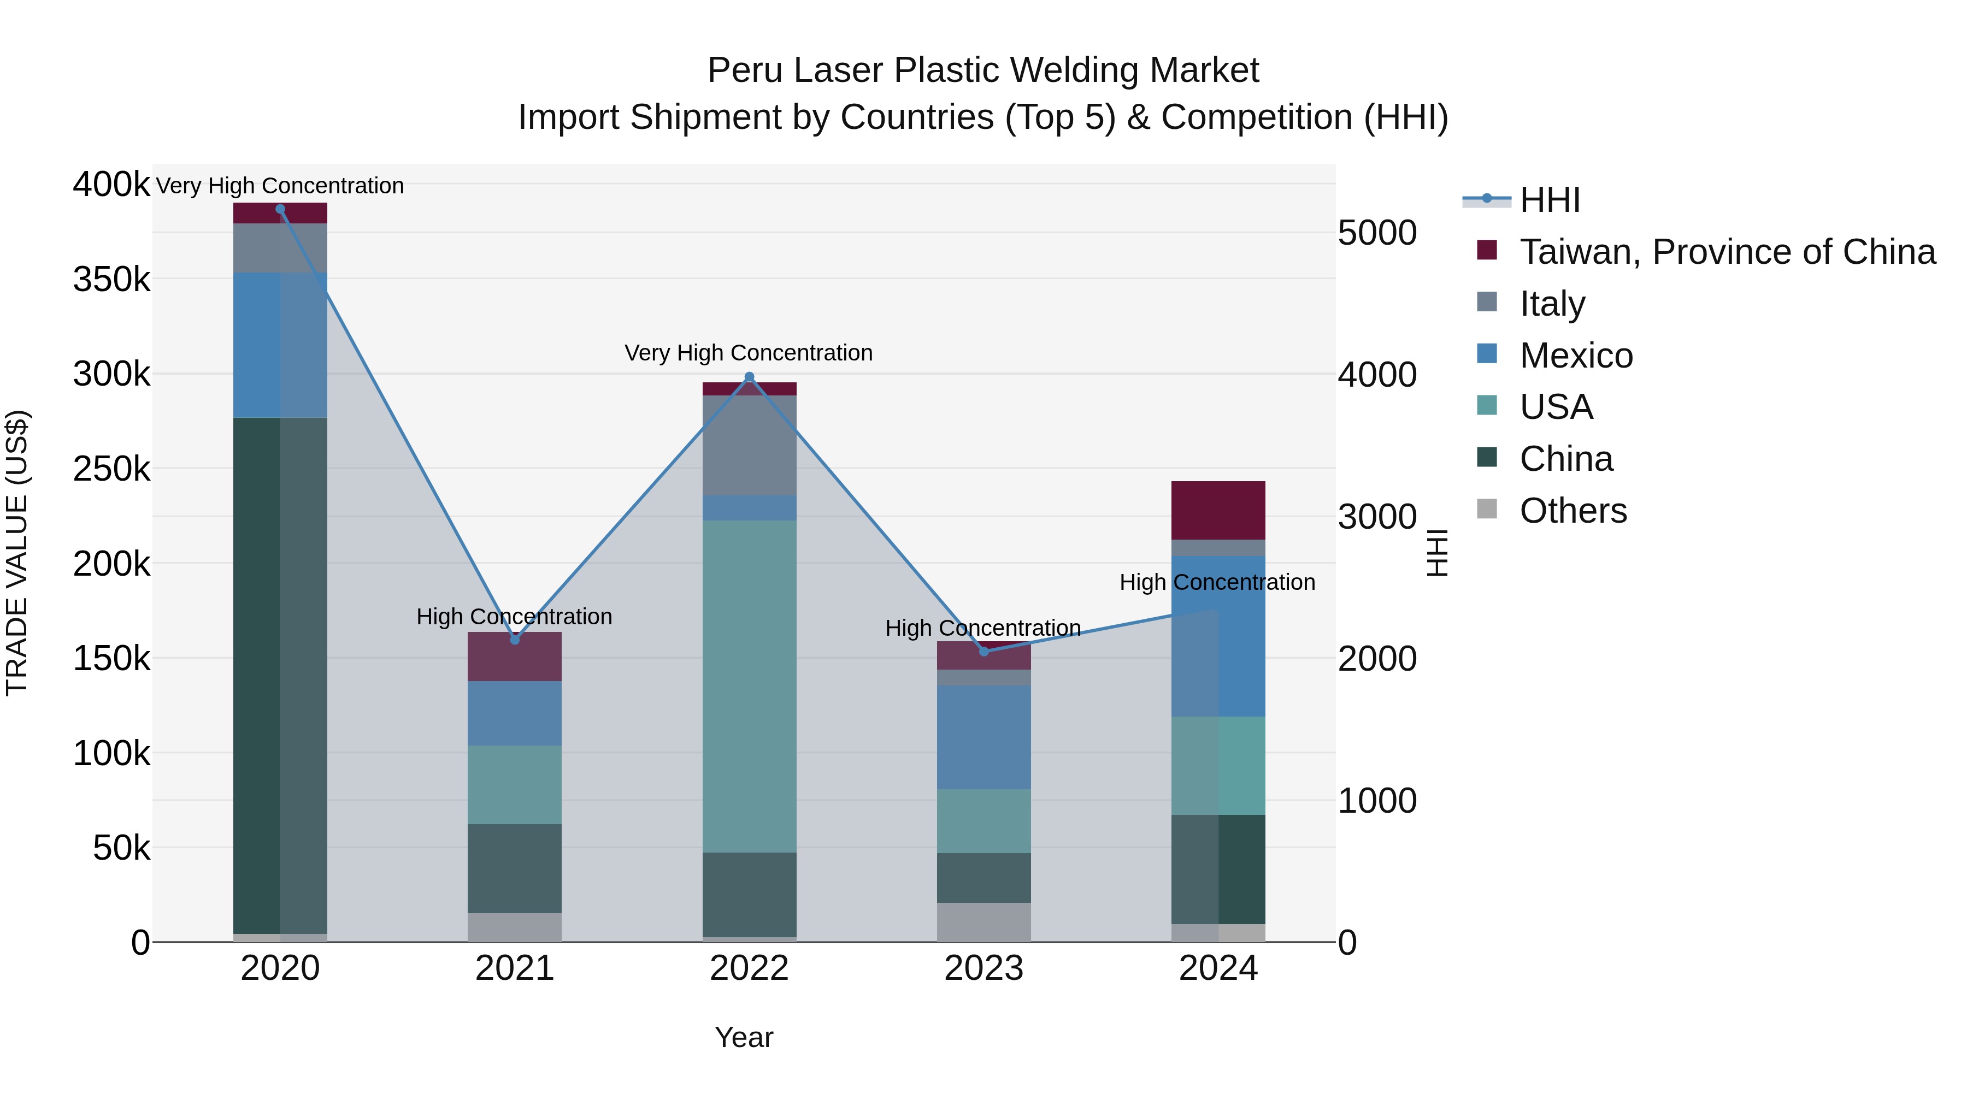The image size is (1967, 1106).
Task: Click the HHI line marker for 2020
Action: pyautogui.click(x=280, y=209)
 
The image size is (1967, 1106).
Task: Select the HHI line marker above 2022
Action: pyautogui.click(x=749, y=377)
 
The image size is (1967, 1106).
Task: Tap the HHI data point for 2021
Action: pyautogui.click(x=515, y=640)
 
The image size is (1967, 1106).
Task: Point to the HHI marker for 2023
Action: pyautogui.click(x=984, y=652)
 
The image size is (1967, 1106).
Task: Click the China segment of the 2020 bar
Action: pyautogui.click(x=280, y=676)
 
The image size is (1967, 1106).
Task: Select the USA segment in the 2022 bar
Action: pyautogui.click(x=749, y=687)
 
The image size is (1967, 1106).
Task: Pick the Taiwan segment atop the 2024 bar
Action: pyautogui.click(x=1218, y=510)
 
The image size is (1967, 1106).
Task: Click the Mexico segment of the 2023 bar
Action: pyautogui.click(x=984, y=737)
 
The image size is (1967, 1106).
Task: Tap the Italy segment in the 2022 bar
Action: pyautogui.click(x=749, y=445)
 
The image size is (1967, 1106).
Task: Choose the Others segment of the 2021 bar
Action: pyautogui.click(x=515, y=927)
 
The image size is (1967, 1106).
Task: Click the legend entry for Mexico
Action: pyautogui.click(x=1575, y=356)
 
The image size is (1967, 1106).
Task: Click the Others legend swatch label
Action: pyautogui.click(x=1573, y=511)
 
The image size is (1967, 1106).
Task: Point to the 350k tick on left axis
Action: pyautogui.click(x=111, y=279)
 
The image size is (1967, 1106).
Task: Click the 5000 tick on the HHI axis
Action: pyautogui.click(x=1377, y=233)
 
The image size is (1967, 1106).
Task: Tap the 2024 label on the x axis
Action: pyautogui.click(x=1218, y=968)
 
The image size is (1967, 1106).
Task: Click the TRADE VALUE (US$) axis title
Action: pyautogui.click(x=17, y=553)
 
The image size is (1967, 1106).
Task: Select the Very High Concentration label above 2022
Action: pyautogui.click(x=749, y=353)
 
